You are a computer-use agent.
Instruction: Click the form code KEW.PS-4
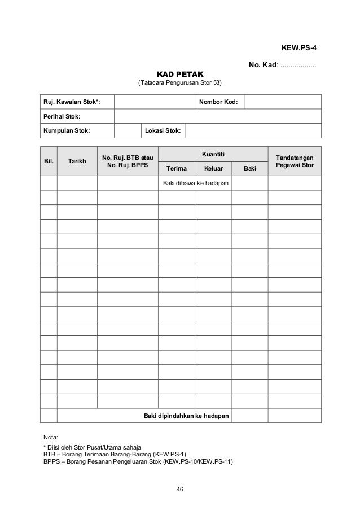(298, 47)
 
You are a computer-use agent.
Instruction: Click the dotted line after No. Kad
(298, 66)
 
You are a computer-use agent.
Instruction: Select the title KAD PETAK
(180, 75)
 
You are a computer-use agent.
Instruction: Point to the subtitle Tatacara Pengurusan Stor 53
(180, 84)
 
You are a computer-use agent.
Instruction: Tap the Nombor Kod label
(218, 102)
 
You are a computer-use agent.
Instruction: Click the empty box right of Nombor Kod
(283, 102)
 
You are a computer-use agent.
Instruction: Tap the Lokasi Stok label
(163, 130)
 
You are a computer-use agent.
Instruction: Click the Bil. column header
(49, 161)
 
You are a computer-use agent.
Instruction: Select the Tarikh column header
(77, 161)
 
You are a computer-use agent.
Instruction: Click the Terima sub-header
(176, 168)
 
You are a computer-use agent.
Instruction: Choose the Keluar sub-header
(213, 168)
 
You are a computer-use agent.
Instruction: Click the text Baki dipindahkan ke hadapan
(186, 416)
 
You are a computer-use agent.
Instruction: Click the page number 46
(180, 489)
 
